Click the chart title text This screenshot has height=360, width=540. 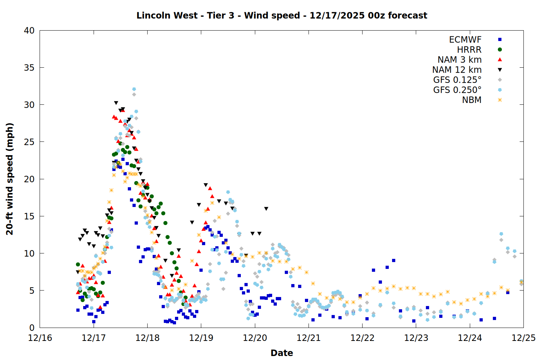[x=282, y=15]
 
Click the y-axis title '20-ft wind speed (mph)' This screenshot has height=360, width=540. [x=10, y=179]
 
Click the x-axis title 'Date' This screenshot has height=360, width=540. [x=282, y=353]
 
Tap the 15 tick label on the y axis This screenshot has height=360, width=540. [x=29, y=216]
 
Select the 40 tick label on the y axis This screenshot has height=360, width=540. [x=29, y=31]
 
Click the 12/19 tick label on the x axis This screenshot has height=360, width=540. [x=201, y=338]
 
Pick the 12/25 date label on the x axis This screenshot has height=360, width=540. [x=523, y=338]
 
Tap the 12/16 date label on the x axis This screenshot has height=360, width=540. [x=40, y=338]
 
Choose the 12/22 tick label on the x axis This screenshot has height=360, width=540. [x=362, y=338]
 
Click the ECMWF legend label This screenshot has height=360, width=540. [x=465, y=40]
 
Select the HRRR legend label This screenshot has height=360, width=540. [x=469, y=50]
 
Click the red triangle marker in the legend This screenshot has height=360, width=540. [x=500, y=60]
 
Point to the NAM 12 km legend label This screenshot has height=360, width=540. [x=457, y=70]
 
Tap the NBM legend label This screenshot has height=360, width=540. [x=472, y=100]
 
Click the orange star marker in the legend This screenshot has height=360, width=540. [x=500, y=100]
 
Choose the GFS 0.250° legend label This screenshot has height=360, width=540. [x=457, y=90]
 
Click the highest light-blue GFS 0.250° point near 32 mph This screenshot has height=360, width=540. [x=134, y=89]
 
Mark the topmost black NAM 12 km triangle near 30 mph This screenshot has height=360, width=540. [x=116, y=103]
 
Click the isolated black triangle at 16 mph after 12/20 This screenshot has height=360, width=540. [x=266, y=209]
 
